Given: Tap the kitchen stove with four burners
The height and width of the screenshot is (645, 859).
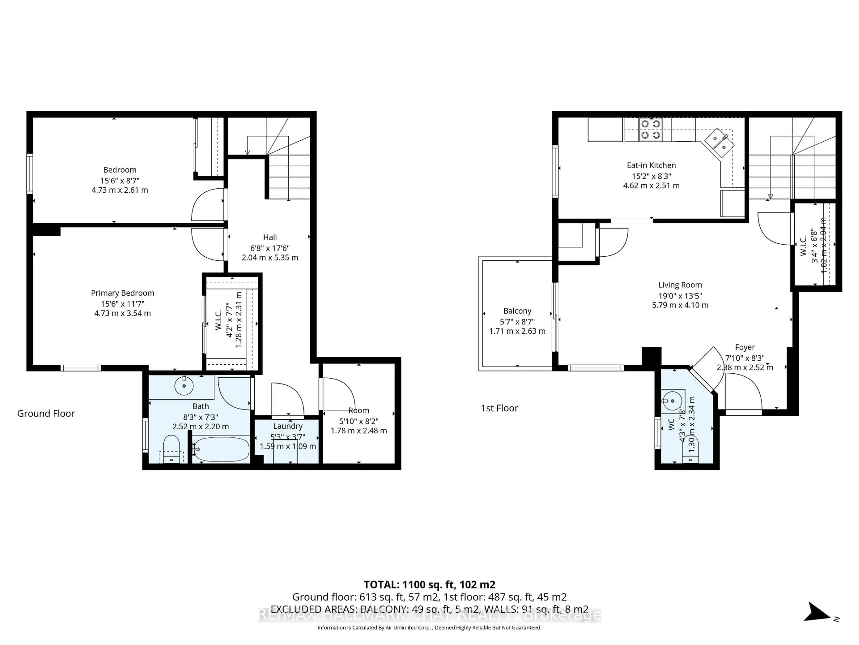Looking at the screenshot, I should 651,129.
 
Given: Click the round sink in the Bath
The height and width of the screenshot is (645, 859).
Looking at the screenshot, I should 184,386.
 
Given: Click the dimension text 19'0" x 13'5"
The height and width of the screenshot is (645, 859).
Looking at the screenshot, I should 680,295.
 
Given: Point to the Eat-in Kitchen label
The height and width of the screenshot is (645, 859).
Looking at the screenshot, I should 651,165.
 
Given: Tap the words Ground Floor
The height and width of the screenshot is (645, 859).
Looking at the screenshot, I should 46,413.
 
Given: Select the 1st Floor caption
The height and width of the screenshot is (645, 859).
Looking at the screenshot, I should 499,408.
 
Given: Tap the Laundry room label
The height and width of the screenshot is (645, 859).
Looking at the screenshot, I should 287,426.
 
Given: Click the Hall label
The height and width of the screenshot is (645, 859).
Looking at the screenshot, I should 270,237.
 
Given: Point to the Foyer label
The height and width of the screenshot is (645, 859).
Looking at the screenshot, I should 744,347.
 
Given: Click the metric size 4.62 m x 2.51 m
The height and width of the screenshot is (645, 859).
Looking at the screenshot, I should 651,185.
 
